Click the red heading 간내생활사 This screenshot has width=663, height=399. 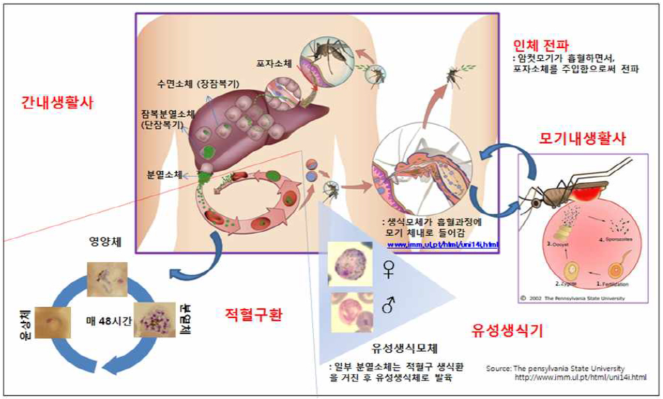[57, 102]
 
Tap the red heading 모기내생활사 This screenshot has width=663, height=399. [584, 139]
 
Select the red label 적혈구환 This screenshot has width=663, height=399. [253, 315]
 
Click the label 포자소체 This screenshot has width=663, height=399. [274, 62]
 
